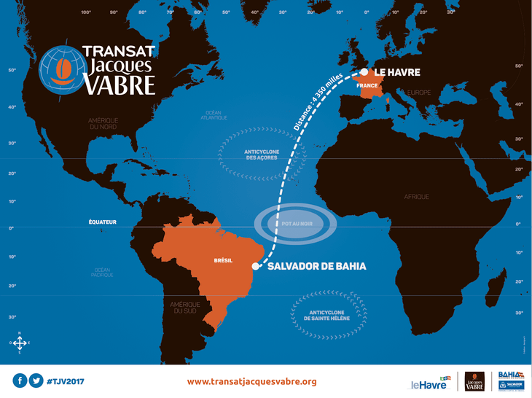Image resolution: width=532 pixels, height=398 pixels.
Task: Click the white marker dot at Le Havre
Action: [364, 71]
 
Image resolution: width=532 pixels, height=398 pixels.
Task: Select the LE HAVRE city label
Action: [398, 72]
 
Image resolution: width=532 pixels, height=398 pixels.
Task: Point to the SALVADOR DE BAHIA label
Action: [317, 267]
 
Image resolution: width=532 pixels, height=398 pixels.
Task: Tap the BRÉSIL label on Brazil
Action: [223, 260]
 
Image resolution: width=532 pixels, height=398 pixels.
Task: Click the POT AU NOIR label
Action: [297, 224]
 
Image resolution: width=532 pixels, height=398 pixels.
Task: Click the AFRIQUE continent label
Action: [417, 197]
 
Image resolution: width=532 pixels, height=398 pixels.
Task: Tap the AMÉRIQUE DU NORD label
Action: [109, 123]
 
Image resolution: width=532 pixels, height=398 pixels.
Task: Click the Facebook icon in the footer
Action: [20, 381]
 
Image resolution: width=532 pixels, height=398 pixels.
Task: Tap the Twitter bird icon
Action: [36, 381]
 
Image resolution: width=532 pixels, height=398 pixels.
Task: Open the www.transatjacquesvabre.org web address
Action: [251, 381]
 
